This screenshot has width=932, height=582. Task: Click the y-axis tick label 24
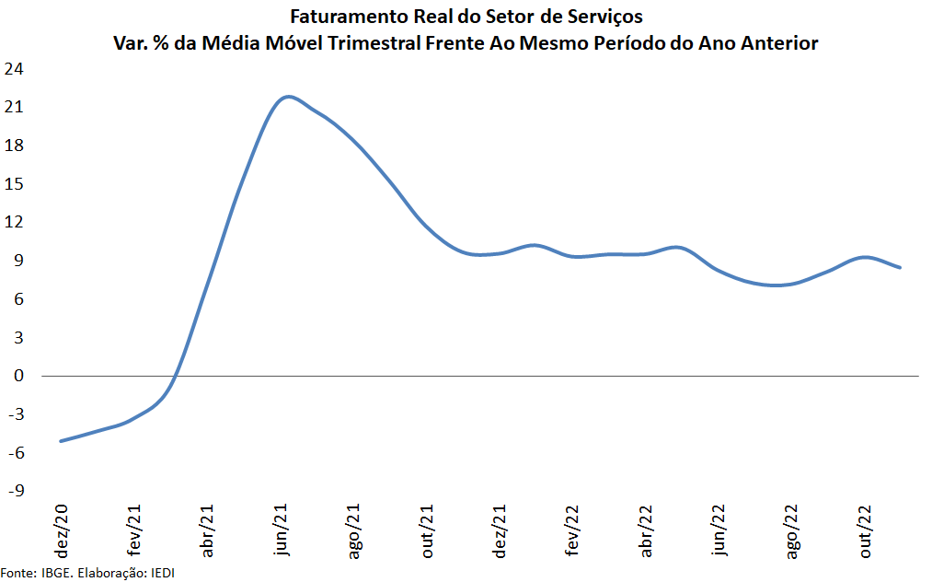pos(15,69)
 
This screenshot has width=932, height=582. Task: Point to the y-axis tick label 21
pos(15,108)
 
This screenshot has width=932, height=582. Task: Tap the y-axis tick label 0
pos(18,376)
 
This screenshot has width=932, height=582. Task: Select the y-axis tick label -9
pos(15,491)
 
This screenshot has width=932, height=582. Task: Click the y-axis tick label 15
pos(15,184)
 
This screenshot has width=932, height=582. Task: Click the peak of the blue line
pos(288,96)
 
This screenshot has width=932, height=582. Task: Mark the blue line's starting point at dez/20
pos(61,441)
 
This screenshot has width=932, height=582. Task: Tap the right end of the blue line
pos(900,268)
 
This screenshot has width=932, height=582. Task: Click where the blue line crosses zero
pos(175,376)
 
